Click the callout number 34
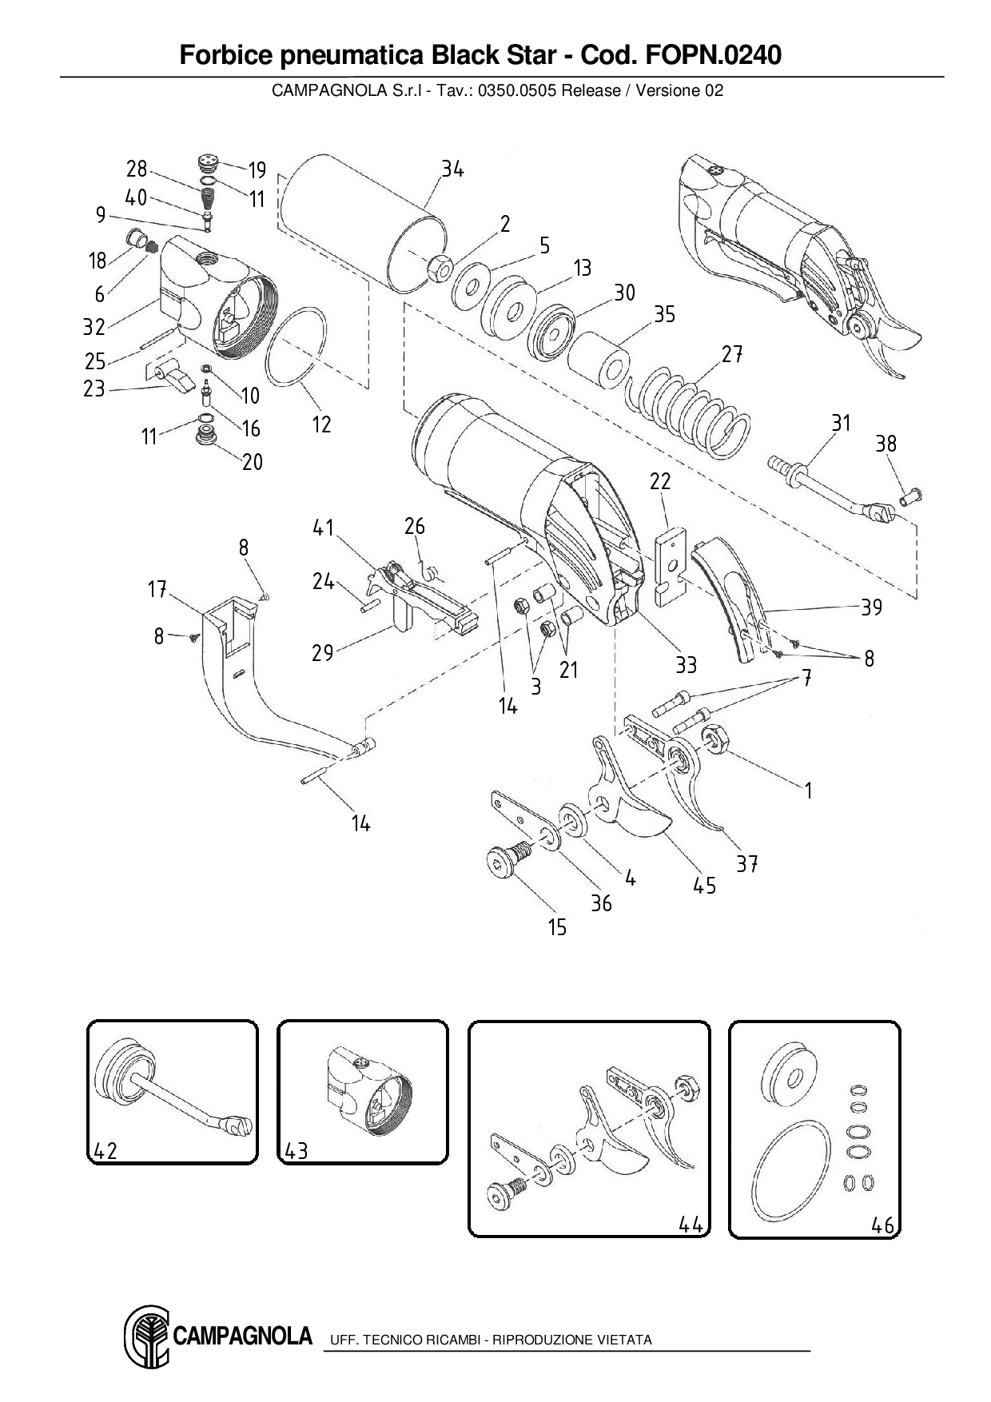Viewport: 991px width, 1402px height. pos(452,169)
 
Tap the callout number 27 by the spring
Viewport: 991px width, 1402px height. pos(732,353)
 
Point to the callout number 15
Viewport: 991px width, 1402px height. pos(557,927)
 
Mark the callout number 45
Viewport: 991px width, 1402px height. pos(704,886)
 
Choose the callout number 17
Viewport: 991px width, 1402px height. pos(157,590)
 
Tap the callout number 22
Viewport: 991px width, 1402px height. pos(660,481)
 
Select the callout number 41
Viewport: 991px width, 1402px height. pos(324,528)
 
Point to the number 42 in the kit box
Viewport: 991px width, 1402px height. pos(105,1150)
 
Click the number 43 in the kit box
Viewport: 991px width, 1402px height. pos(296,1150)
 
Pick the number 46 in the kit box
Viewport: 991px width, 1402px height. pos(882,1225)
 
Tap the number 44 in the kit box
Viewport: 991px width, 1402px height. pos(691,1225)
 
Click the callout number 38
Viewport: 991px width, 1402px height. pos(886,444)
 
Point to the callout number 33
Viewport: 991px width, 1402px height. pos(686,665)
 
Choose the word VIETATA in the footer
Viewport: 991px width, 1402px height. pos(624,1340)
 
